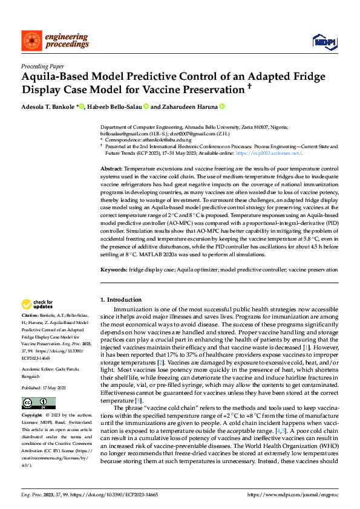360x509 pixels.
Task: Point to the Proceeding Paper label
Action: click(43, 65)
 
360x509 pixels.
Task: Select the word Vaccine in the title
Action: click(214, 89)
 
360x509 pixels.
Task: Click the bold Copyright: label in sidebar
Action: click(32, 399)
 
